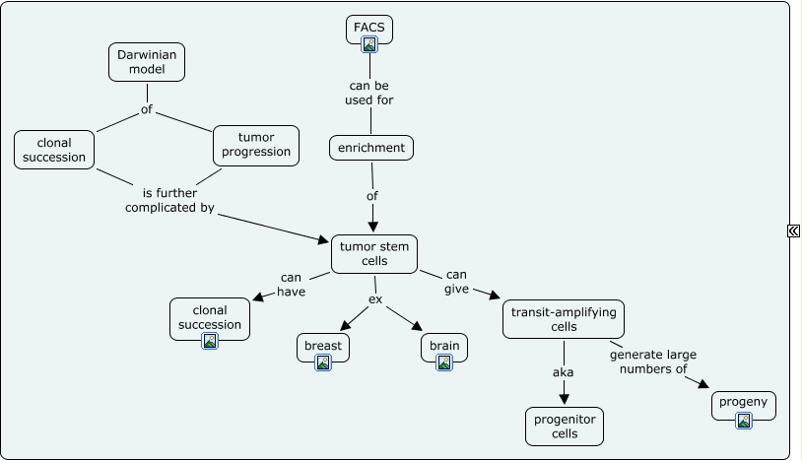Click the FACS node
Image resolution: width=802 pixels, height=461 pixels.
click(x=369, y=27)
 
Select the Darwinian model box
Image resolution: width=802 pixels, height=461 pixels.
click(x=146, y=61)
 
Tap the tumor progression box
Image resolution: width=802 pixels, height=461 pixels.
click(x=256, y=144)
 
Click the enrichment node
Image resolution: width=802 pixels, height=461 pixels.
click(x=370, y=148)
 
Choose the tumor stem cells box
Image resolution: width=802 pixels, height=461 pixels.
click(x=373, y=253)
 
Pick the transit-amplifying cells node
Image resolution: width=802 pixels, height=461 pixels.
click(x=564, y=318)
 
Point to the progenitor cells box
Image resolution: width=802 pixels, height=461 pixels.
click(x=564, y=426)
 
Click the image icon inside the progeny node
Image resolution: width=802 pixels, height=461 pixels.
click(x=744, y=421)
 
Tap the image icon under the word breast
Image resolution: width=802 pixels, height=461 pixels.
click(x=323, y=362)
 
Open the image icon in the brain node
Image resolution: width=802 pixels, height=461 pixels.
click(x=444, y=362)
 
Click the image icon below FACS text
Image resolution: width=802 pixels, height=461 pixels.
click(x=369, y=43)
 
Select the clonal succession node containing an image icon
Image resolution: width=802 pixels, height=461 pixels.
click(x=209, y=317)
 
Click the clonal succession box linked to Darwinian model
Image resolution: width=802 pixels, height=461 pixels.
click(x=55, y=149)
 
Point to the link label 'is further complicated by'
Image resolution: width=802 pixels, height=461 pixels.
click(x=169, y=200)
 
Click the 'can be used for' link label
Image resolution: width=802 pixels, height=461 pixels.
click(x=369, y=93)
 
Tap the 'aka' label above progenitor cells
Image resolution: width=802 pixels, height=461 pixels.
click(x=563, y=372)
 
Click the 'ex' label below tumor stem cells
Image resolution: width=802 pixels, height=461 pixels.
click(x=374, y=298)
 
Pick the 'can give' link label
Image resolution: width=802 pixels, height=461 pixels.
click(x=456, y=281)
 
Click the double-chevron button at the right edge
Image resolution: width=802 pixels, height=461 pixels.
click(x=793, y=230)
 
